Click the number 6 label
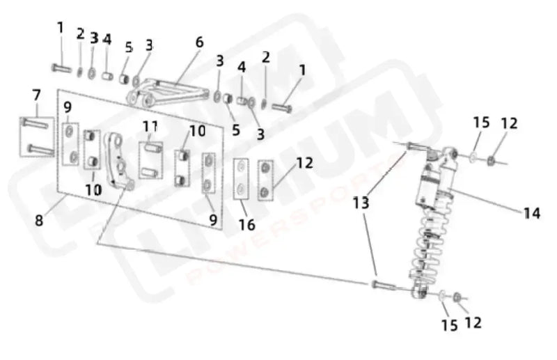click(x=200, y=42)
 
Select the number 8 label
click(x=39, y=221)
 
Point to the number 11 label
click(x=151, y=126)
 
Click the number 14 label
click(x=531, y=214)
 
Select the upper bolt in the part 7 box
click(x=36, y=123)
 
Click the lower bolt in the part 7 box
click(x=41, y=148)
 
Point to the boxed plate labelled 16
click(x=241, y=178)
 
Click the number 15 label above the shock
click(x=481, y=123)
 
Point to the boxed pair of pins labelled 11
click(x=150, y=159)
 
